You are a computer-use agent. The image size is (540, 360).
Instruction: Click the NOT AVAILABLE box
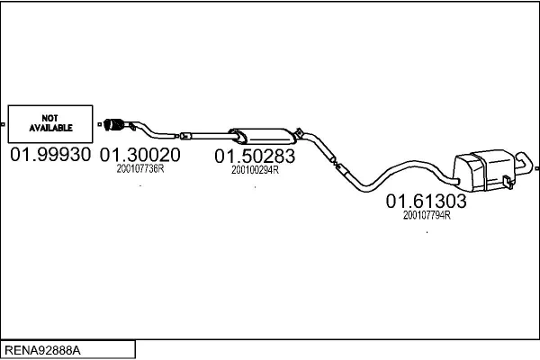(50, 124)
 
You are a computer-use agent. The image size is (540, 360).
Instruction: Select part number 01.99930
(50, 155)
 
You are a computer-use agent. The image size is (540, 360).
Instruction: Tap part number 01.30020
(139, 155)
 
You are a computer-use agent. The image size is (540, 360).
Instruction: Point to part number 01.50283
(255, 156)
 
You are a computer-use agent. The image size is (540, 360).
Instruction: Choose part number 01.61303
(426, 202)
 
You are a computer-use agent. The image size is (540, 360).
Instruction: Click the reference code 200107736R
(140, 169)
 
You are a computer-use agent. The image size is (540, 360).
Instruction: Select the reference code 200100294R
(255, 170)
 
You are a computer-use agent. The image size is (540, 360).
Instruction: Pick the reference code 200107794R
(427, 215)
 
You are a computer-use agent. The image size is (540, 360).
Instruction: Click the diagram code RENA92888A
(42, 350)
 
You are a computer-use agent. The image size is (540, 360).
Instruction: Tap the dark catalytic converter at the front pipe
(113, 124)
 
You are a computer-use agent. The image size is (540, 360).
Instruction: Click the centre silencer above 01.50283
(263, 137)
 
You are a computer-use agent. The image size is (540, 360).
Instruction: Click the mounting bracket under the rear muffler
(508, 182)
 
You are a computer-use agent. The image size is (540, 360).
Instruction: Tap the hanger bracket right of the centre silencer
(299, 133)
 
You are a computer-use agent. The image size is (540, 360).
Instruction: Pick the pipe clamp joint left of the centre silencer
(185, 136)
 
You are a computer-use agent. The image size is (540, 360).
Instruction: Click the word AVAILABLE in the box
(51, 128)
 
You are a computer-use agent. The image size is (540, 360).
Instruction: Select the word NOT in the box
(49, 118)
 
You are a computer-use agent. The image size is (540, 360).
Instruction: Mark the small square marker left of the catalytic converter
(100, 124)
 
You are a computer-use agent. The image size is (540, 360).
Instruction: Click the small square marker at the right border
(537, 168)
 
